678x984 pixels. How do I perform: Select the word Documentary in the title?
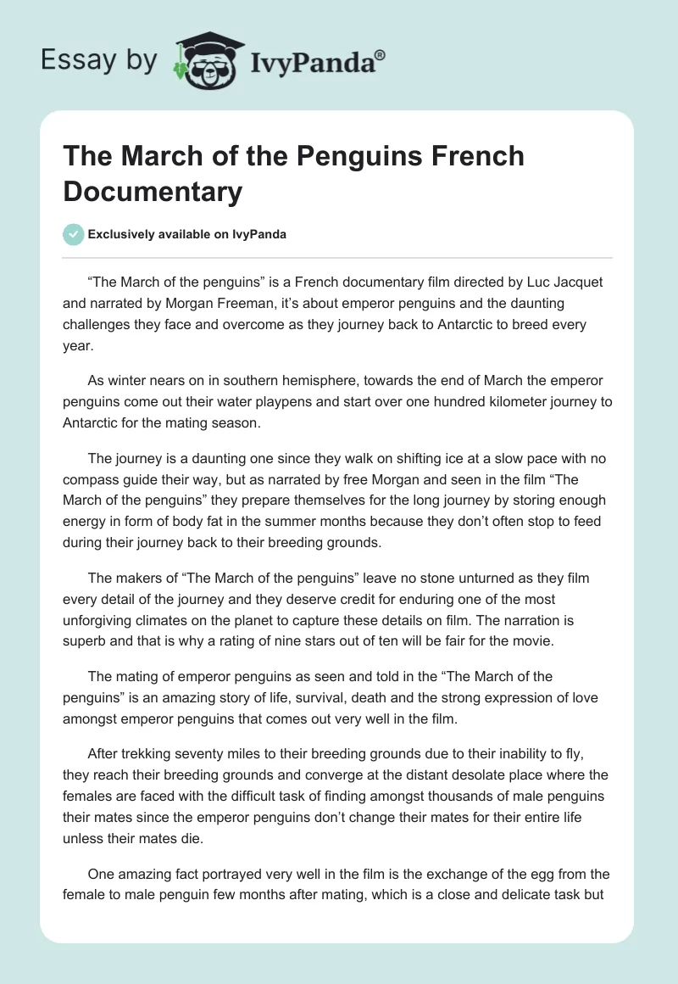[153, 191]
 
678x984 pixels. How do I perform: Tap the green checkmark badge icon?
[74, 234]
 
